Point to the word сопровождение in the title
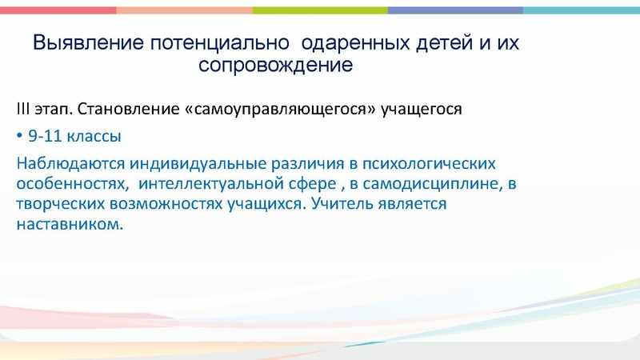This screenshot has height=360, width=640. (x=275, y=65)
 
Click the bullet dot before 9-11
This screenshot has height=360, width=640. (x=19, y=136)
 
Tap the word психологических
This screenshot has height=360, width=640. (x=430, y=164)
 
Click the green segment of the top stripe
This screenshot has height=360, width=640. (x=320, y=10)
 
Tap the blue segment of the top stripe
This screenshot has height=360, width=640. (x=456, y=10)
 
